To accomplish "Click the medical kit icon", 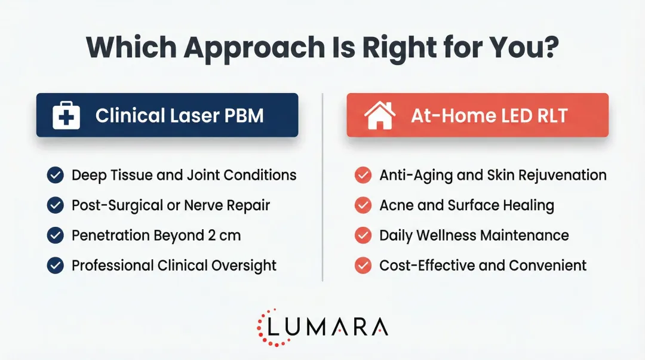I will point(66,115).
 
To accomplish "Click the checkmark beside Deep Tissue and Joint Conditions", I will point(56,175).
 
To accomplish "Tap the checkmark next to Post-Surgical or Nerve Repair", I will point(56,205).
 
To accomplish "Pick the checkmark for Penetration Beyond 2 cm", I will point(56,235).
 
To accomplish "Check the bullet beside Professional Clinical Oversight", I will point(56,265).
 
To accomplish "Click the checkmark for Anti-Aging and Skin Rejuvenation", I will point(363,175).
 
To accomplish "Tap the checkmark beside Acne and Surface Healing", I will point(363,205).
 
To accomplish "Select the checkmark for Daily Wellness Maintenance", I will point(363,235).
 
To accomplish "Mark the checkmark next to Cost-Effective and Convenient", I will point(363,265).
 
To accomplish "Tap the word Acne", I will point(397,205).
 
